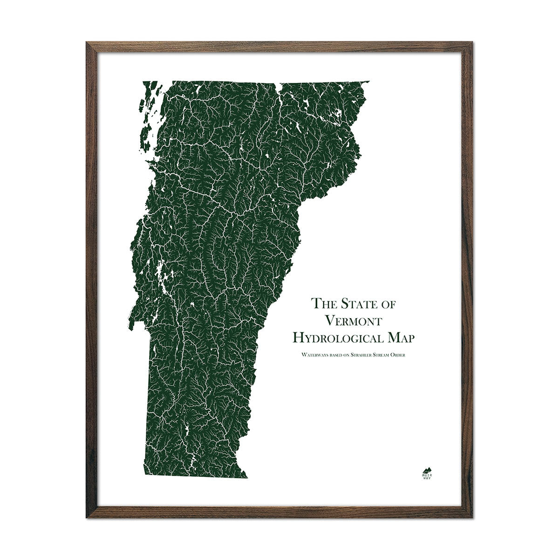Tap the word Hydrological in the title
340,337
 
